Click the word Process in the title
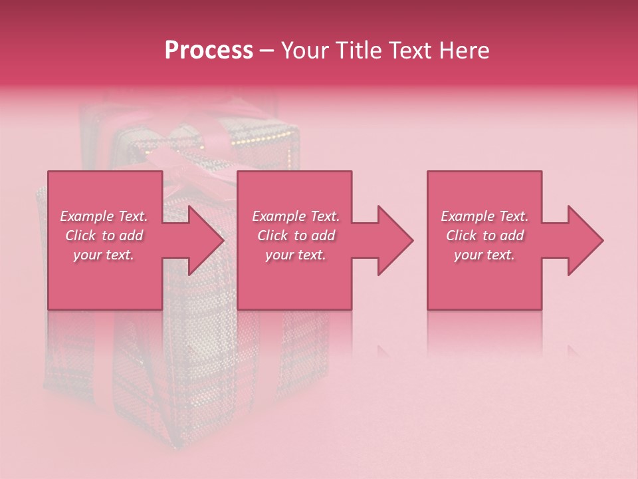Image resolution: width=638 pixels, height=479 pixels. tap(209, 51)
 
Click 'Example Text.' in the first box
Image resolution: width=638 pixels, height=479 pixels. tap(104, 216)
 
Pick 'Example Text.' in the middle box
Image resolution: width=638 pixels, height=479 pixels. tap(296, 216)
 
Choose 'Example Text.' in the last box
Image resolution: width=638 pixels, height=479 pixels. tap(484, 216)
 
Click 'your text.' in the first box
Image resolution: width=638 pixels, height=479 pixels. tap(104, 255)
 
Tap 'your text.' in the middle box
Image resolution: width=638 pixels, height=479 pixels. tap(296, 255)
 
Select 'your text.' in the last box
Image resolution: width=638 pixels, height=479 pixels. tap(484, 255)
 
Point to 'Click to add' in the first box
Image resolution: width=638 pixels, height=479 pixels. tap(104, 236)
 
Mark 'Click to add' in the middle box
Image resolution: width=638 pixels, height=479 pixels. tap(296, 236)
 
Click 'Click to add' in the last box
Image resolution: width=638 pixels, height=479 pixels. tap(484, 236)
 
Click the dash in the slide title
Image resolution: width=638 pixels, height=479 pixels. tap(266, 51)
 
